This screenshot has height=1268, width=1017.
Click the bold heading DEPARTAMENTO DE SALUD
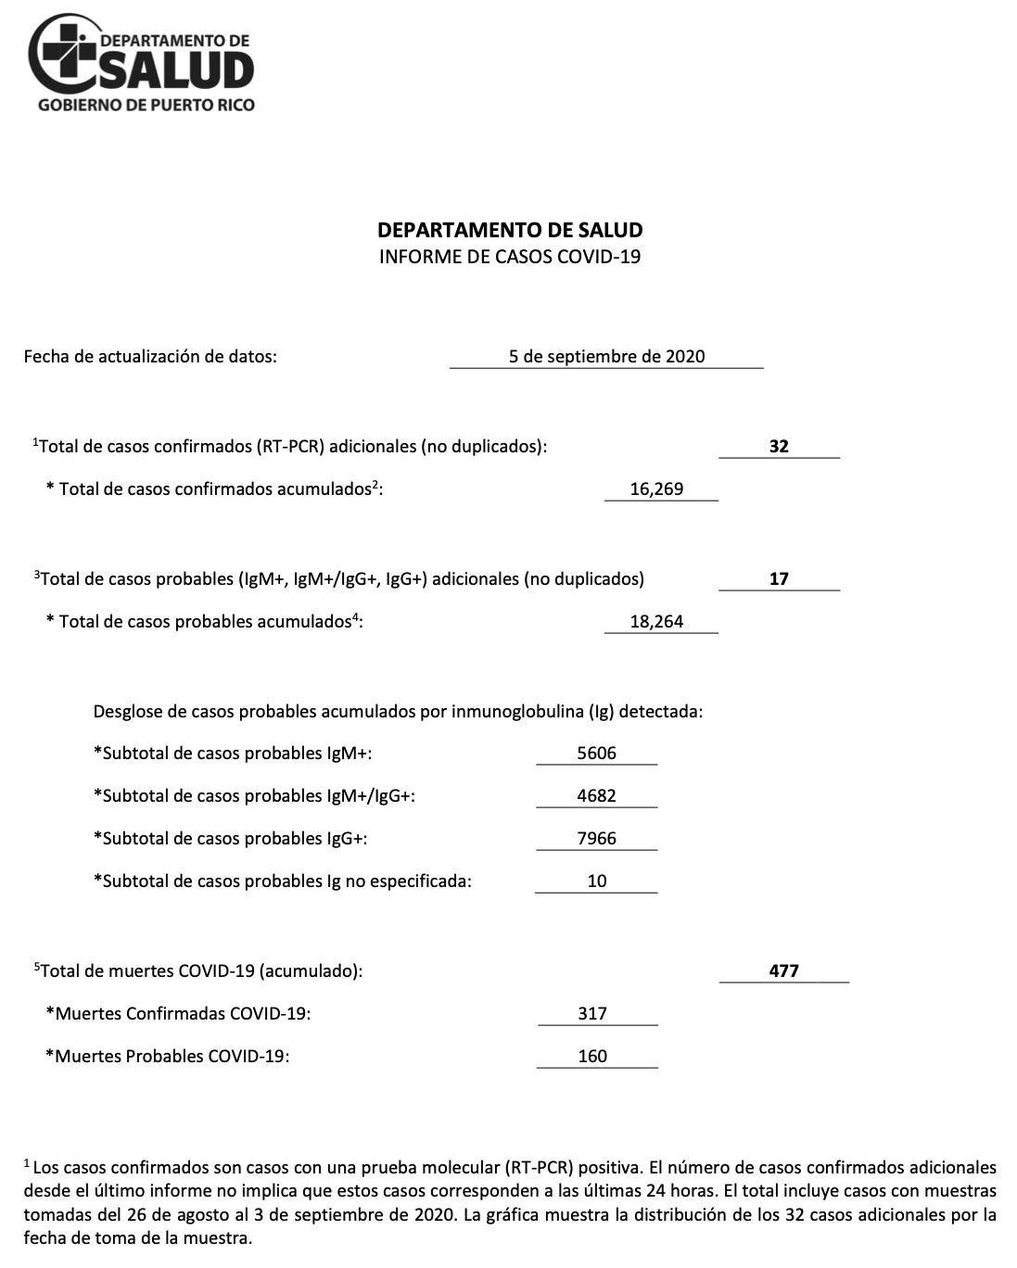[x=510, y=230]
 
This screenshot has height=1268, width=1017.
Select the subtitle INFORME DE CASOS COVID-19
[x=510, y=257]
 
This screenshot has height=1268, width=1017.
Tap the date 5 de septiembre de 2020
[x=606, y=357]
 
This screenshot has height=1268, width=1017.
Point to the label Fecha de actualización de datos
[x=150, y=357]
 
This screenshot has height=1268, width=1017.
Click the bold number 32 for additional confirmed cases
[x=779, y=447]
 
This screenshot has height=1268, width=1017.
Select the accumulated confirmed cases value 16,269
[x=656, y=489]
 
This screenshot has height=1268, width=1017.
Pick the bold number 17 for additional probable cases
[x=779, y=579]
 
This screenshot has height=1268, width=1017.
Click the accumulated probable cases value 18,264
[x=656, y=622]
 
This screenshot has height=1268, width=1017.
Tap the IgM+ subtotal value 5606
[x=596, y=754]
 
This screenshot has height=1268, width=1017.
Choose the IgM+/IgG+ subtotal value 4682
[x=596, y=796]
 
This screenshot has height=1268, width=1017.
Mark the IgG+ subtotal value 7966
[x=596, y=839]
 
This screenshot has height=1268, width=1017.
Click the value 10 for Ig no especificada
[x=597, y=881]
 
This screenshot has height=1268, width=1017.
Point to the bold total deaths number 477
[x=784, y=971]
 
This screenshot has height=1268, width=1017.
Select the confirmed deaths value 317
[x=592, y=1014]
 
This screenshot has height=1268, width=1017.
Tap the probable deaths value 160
[x=592, y=1057]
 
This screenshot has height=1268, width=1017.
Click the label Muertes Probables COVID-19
[x=168, y=1057]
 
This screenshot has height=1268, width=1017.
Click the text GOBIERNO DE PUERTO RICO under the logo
[x=146, y=105]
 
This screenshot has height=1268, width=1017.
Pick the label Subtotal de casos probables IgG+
[x=231, y=839]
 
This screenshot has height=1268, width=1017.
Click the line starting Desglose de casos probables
[x=398, y=712]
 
